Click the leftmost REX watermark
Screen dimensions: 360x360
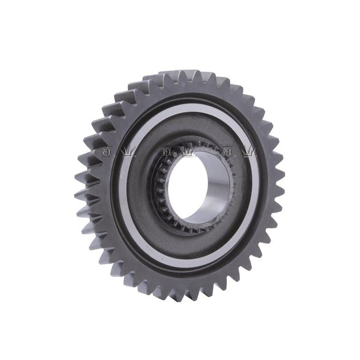107,152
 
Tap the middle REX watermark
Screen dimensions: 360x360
167,152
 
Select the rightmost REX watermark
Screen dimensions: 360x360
227,152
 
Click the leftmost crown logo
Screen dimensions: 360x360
128,152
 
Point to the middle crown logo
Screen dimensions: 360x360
188,152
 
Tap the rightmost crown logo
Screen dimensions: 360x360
249,152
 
